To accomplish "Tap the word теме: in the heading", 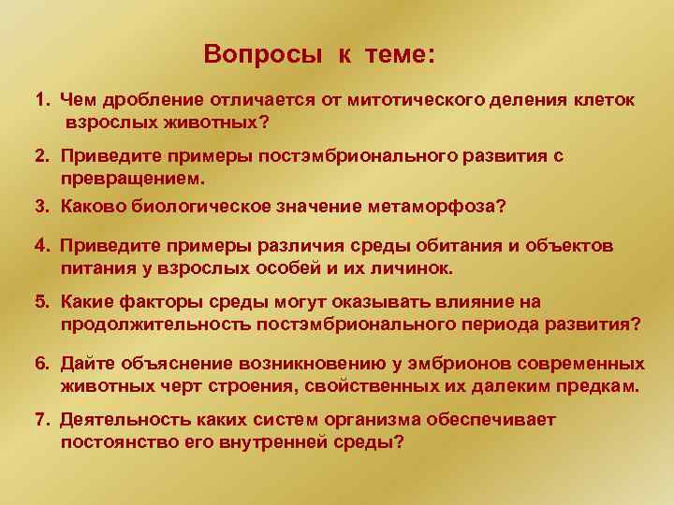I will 397,53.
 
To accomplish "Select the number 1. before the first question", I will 43,100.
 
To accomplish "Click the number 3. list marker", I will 43,206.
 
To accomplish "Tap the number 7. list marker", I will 43,420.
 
